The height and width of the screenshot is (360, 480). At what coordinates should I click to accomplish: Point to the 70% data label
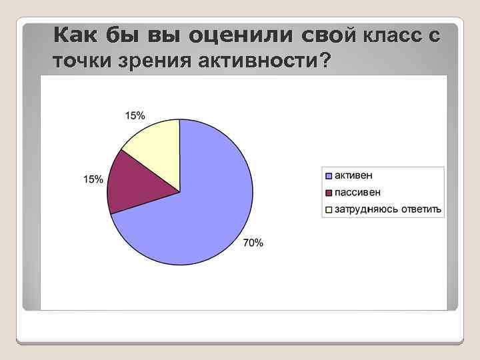[253, 243]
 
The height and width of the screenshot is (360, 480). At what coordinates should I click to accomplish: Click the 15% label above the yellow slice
[135, 115]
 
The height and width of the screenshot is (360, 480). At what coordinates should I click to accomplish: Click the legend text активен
[354, 175]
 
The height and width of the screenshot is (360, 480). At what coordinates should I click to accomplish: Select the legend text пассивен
[358, 192]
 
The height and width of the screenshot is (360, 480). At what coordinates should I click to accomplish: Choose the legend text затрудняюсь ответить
[388, 209]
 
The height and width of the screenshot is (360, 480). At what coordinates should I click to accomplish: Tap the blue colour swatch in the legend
[329, 175]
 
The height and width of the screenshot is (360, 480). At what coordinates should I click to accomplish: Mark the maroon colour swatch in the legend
[329, 193]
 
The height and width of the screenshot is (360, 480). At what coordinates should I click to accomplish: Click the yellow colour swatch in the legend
[329, 210]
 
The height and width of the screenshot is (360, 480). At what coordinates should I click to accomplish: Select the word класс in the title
[393, 35]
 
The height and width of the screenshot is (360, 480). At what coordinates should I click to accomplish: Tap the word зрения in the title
[153, 62]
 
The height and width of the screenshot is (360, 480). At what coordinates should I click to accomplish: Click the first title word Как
[75, 35]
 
